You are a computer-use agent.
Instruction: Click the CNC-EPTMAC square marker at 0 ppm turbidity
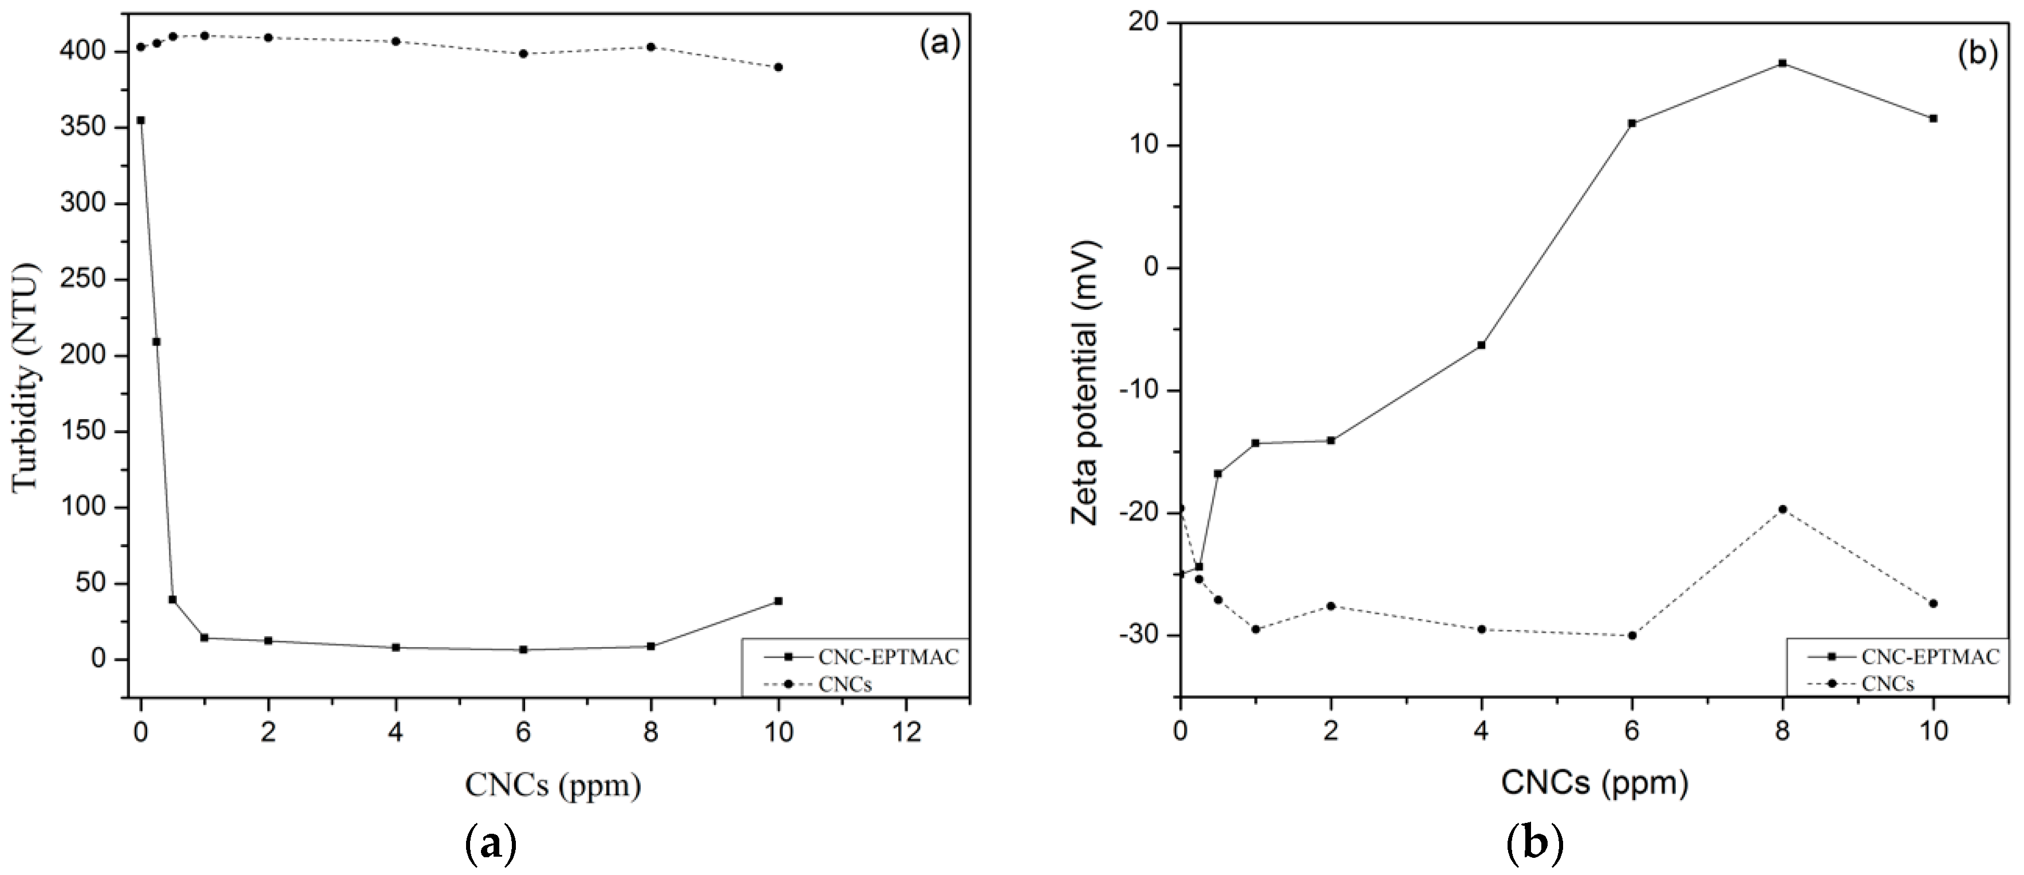coord(141,120)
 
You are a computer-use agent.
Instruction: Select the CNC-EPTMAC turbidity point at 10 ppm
coord(779,601)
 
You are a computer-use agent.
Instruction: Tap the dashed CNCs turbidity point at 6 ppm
coord(523,53)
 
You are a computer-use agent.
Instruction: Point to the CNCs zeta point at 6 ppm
coord(1632,635)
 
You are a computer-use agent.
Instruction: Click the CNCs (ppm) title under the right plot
coord(1595,783)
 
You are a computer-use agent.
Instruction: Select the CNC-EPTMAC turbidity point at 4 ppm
coord(396,647)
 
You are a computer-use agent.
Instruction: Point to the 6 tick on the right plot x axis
coord(1632,731)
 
